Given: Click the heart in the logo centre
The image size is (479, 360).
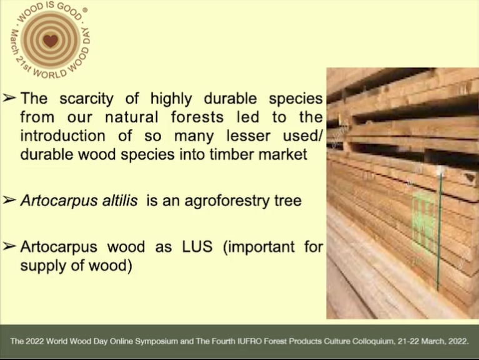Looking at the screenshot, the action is [x=51, y=41].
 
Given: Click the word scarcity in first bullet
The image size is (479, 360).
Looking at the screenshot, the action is [x=86, y=99].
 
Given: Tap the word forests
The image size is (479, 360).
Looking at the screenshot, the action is [x=197, y=117].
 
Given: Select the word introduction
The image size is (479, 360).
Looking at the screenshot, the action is [x=62, y=135].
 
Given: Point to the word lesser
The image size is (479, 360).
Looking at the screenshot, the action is [x=249, y=135].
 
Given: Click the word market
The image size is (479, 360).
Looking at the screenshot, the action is [x=283, y=154].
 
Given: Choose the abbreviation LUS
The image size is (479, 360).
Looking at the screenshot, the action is [x=197, y=246].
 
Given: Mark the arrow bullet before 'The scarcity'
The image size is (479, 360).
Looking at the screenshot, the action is [x=9, y=98].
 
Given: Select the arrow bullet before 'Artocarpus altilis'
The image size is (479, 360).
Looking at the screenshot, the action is [x=9, y=200].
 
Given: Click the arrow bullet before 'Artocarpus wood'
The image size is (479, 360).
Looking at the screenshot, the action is [x=9, y=246].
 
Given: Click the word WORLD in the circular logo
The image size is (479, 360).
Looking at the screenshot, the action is [x=49, y=74].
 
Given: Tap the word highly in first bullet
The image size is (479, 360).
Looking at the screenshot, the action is [x=171, y=99].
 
